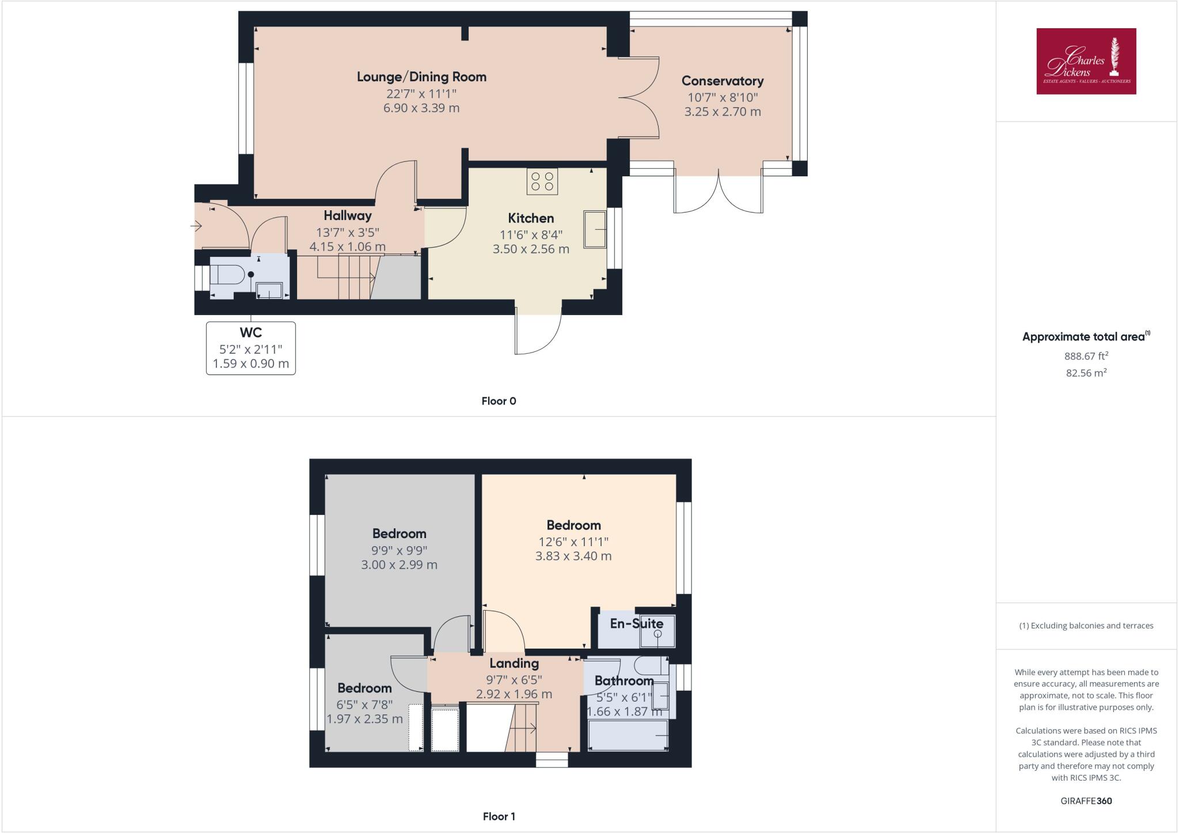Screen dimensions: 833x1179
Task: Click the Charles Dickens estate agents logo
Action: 1086,61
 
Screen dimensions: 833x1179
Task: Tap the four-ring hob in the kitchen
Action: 542,181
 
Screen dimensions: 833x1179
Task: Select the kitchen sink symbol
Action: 595,229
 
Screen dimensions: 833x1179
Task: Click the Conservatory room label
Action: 722,81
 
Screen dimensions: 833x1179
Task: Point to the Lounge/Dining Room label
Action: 421,77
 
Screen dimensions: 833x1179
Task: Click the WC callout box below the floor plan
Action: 251,348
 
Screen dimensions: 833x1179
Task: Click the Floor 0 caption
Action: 499,402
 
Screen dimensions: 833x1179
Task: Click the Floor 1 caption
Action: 499,816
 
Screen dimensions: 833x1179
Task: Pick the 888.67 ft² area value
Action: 1086,357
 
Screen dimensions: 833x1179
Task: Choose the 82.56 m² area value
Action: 1086,373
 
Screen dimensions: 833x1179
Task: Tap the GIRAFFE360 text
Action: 1086,801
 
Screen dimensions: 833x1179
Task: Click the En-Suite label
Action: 636,623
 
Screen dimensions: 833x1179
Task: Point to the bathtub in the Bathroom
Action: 627,736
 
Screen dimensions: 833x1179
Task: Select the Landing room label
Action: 514,664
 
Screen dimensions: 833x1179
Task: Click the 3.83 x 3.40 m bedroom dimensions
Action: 573,556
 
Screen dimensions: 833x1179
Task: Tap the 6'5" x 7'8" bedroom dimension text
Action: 364,704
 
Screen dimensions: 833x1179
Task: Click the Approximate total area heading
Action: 1085,337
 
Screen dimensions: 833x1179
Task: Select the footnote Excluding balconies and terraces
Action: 1086,626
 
